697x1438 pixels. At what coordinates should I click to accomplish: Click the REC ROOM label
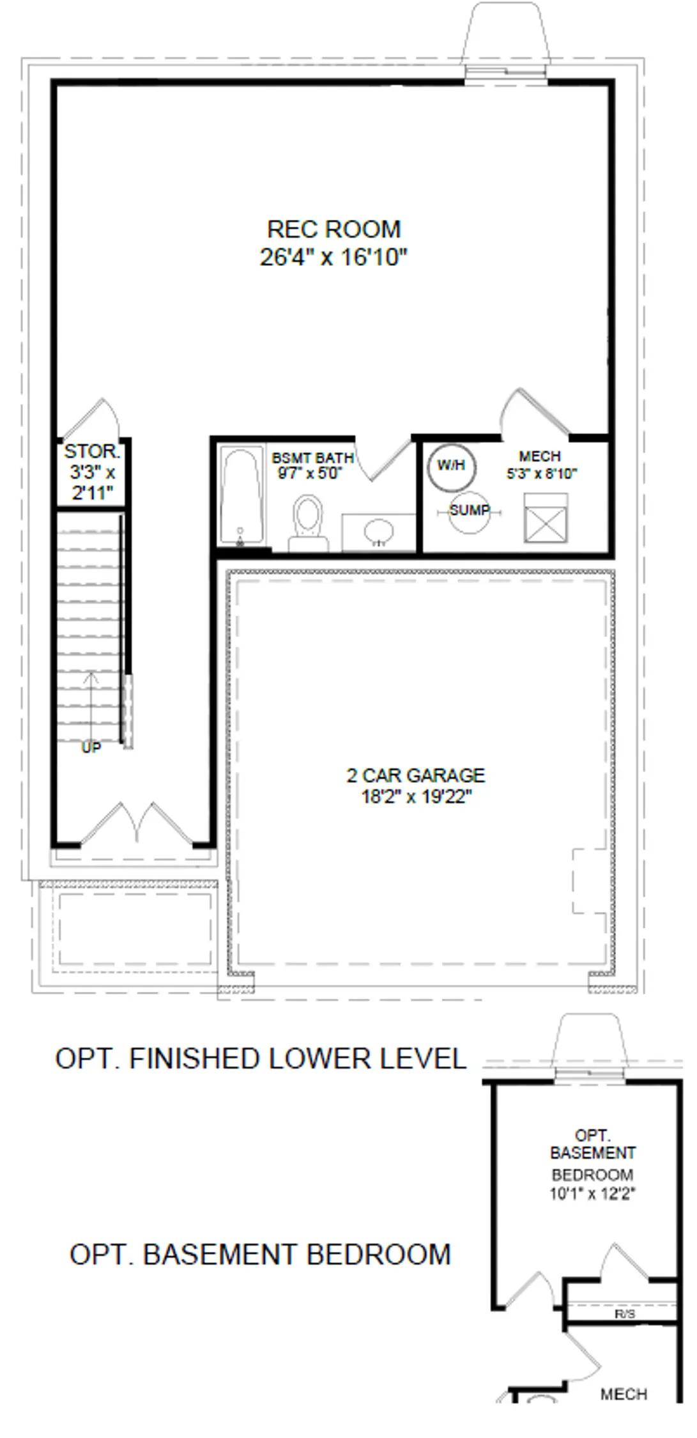click(x=333, y=229)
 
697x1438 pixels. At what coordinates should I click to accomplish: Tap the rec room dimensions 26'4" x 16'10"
click(x=333, y=257)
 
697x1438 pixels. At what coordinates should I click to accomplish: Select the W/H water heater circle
click(x=452, y=467)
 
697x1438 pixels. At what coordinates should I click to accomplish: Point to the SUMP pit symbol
click(x=470, y=511)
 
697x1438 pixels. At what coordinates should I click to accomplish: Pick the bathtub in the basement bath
click(x=241, y=497)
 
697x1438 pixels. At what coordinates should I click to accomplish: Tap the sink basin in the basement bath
click(x=379, y=530)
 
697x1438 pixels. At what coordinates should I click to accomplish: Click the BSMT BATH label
click(x=312, y=458)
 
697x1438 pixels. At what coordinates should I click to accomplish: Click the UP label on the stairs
click(x=91, y=747)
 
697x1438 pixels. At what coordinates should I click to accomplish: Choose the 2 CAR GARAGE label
click(x=416, y=775)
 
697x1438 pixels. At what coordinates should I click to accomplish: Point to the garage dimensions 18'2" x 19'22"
click(x=416, y=797)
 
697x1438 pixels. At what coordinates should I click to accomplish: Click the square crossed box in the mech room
click(x=546, y=518)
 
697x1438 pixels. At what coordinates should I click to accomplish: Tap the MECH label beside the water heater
click(x=540, y=456)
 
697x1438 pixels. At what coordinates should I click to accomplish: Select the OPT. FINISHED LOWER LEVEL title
click(x=261, y=1058)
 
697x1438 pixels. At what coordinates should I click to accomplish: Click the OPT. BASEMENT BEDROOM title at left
click(x=260, y=1254)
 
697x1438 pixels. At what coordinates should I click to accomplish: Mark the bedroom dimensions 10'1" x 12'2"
click(x=592, y=1193)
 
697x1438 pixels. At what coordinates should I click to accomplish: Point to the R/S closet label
click(x=625, y=1314)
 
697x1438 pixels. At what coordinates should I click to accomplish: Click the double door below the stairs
click(x=137, y=824)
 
